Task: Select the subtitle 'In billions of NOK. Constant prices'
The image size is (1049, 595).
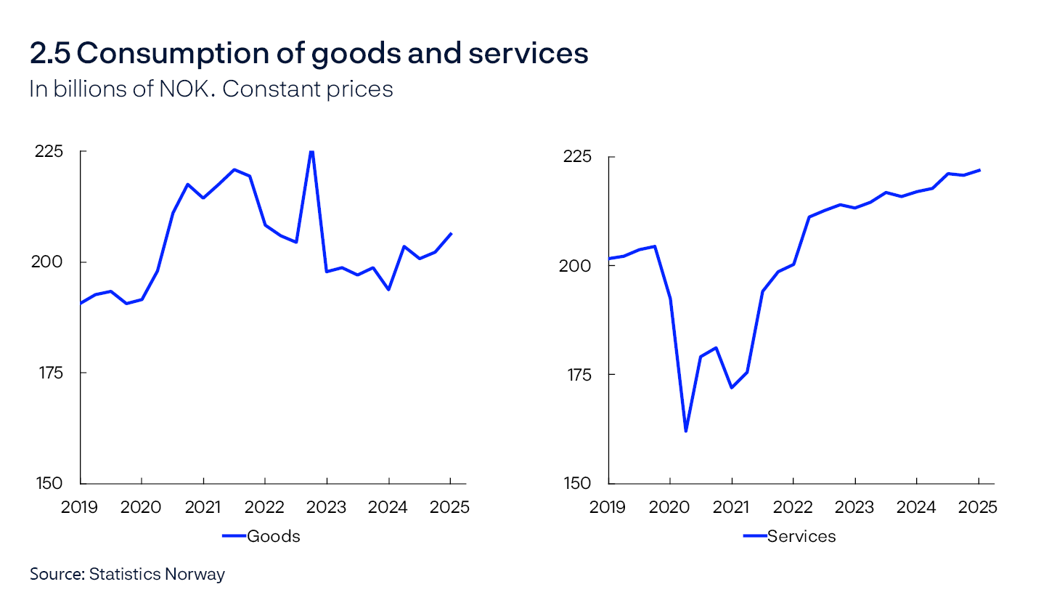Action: [x=211, y=89]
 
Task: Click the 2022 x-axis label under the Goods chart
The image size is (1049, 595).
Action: [x=265, y=506]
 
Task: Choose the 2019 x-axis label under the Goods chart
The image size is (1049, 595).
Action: [x=80, y=506]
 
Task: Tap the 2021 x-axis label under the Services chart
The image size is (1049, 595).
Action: [x=732, y=506]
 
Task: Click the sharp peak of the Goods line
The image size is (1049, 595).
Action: [x=311, y=151]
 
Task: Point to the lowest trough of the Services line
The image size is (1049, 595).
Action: [x=685, y=432]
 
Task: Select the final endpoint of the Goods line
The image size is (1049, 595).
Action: [x=451, y=233]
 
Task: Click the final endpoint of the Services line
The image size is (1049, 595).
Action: [x=979, y=170]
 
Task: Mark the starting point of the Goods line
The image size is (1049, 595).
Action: [x=81, y=303]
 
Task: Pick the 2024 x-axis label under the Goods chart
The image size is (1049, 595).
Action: [x=389, y=506]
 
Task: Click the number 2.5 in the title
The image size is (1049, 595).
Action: [x=49, y=54]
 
